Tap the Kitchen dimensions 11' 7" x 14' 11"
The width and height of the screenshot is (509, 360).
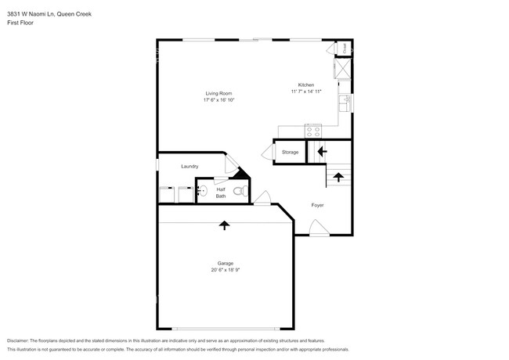click(306, 92)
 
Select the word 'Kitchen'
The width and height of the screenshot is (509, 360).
click(306, 85)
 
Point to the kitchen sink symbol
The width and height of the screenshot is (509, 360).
click(343, 101)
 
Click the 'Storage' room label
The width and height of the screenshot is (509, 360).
click(290, 152)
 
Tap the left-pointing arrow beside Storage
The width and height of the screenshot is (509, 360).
click(321, 151)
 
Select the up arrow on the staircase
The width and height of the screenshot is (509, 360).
click(338, 176)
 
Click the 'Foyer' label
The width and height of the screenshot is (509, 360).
click(317, 205)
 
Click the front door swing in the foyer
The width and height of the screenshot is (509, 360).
click(318, 228)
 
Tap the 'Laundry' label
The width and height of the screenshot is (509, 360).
click(190, 166)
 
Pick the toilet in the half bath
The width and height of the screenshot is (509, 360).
click(242, 190)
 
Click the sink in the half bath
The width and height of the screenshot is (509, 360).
click(201, 190)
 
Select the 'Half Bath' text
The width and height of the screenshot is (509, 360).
click(221, 192)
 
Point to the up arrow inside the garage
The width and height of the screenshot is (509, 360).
click(225, 225)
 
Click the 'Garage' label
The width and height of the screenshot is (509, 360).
click(226, 263)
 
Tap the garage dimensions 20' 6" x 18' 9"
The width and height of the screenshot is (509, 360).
click(226, 270)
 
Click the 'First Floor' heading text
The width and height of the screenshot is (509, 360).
click(20, 23)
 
